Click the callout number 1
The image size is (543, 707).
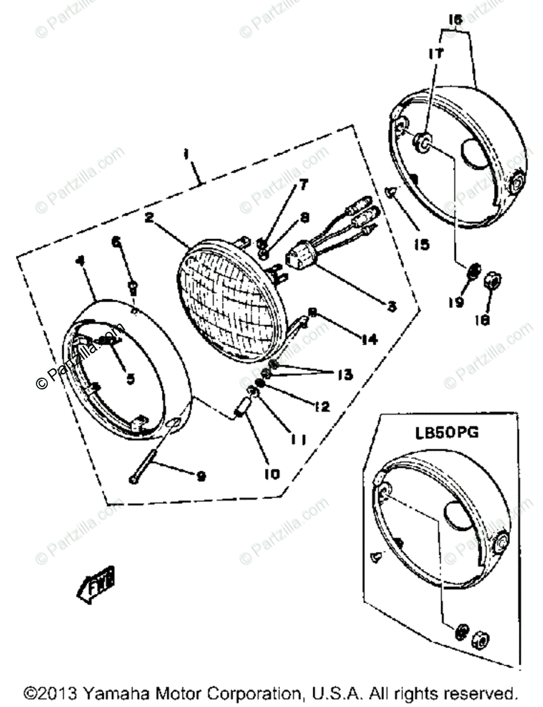[x=186, y=155]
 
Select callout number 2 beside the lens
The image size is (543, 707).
[x=149, y=218]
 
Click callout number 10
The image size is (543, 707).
[x=259, y=473]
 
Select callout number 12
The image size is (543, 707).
[x=322, y=407]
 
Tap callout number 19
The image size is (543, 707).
[x=456, y=302]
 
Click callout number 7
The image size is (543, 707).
[x=303, y=186]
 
